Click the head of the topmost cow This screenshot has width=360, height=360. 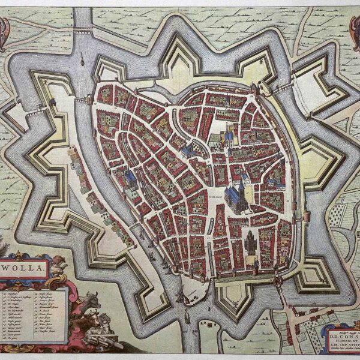(x=91, y=296)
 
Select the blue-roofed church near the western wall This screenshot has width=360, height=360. (x=130, y=178)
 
